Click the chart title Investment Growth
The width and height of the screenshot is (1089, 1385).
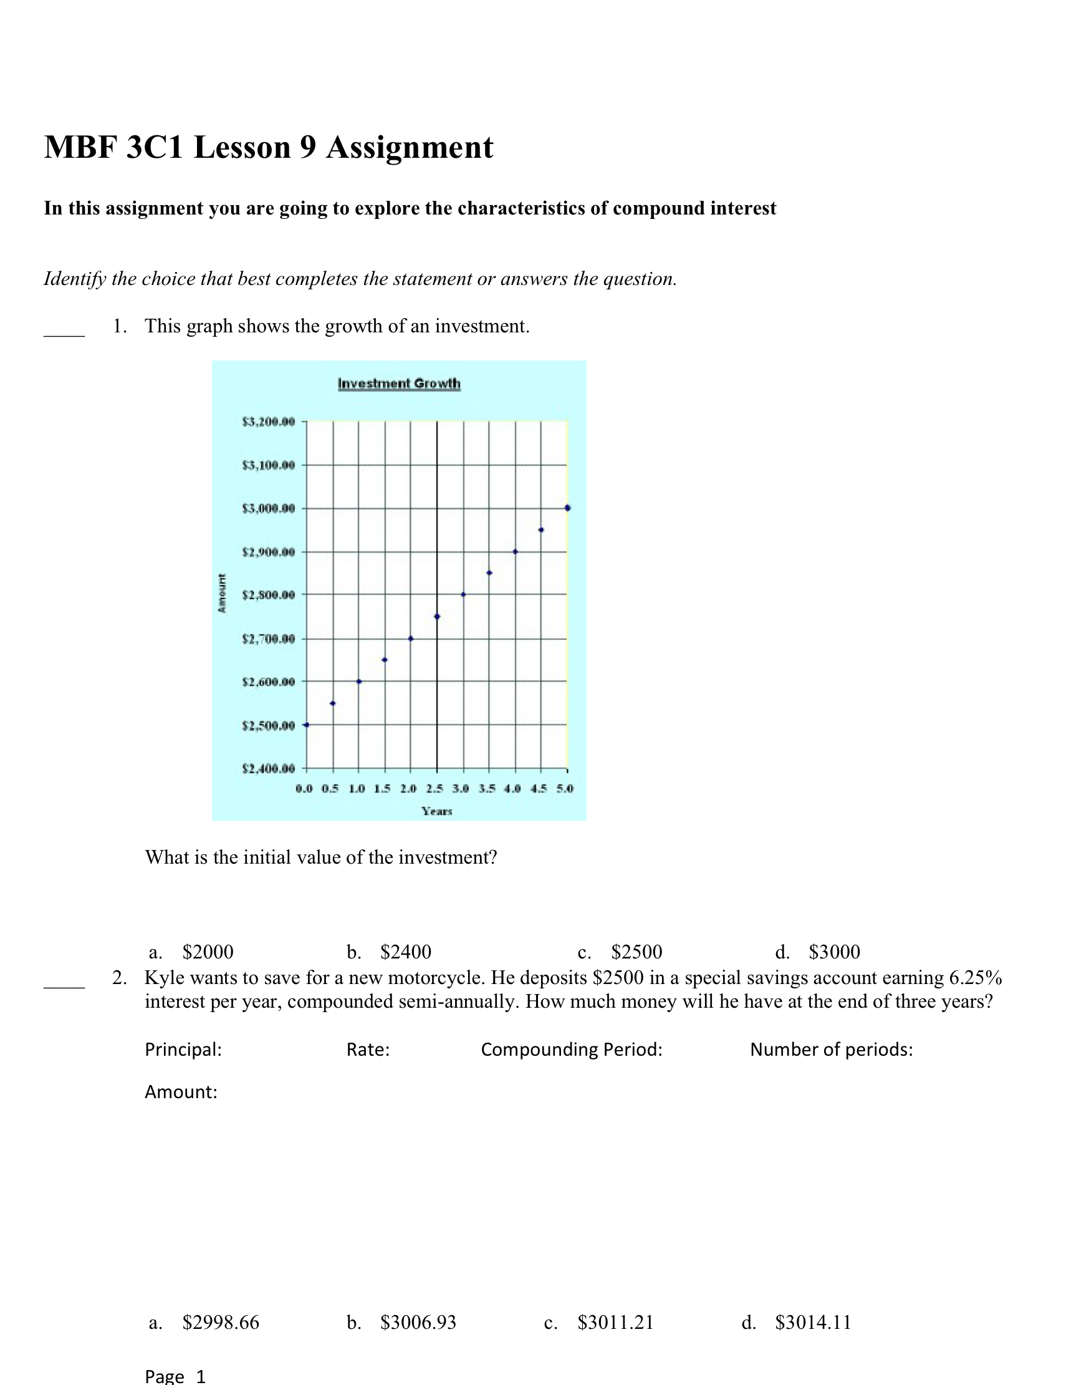pyautogui.click(x=398, y=384)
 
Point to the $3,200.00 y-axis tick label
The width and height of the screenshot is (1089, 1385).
pyautogui.click(x=269, y=422)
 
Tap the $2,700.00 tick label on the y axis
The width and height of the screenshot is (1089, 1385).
pyautogui.click(x=269, y=639)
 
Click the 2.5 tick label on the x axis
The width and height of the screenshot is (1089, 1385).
pyautogui.click(x=434, y=789)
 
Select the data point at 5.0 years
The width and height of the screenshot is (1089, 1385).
pyautogui.click(x=567, y=508)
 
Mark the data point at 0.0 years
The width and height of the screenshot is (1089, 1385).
pyautogui.click(x=307, y=725)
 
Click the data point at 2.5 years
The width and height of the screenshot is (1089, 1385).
pyautogui.click(x=437, y=617)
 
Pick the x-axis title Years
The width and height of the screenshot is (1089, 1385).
pyautogui.click(x=437, y=811)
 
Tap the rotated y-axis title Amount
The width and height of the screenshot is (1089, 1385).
pyautogui.click(x=222, y=594)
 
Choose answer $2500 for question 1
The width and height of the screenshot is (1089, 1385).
pyautogui.click(x=636, y=952)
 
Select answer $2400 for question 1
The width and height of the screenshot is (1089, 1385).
pyautogui.click(x=406, y=952)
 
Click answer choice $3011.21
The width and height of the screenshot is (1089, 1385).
pyautogui.click(x=615, y=1323)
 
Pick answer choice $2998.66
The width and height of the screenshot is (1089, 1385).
pyautogui.click(x=221, y=1323)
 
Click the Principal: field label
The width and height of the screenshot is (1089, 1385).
pyautogui.click(x=183, y=1050)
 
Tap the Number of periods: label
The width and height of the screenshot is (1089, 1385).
pyautogui.click(x=831, y=1050)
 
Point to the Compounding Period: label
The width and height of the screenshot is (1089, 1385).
pyautogui.click(x=571, y=1050)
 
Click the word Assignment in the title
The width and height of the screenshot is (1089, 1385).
pyautogui.click(x=410, y=147)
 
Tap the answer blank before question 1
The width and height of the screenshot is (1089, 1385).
pyautogui.click(x=64, y=331)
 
